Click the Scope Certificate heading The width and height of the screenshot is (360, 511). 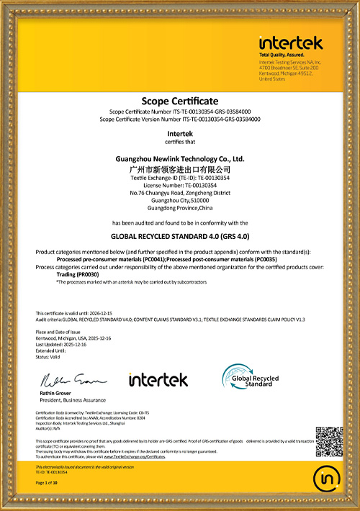[x=180, y=101]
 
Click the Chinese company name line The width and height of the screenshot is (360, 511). [x=180, y=167]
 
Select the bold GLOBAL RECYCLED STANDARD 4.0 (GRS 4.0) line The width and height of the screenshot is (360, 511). [x=180, y=235]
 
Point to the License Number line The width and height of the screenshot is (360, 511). [x=180, y=185]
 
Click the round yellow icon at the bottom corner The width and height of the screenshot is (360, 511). [x=328, y=477]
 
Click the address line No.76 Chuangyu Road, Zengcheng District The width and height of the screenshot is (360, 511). [x=180, y=193]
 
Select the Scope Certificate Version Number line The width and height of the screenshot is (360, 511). [x=180, y=119]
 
